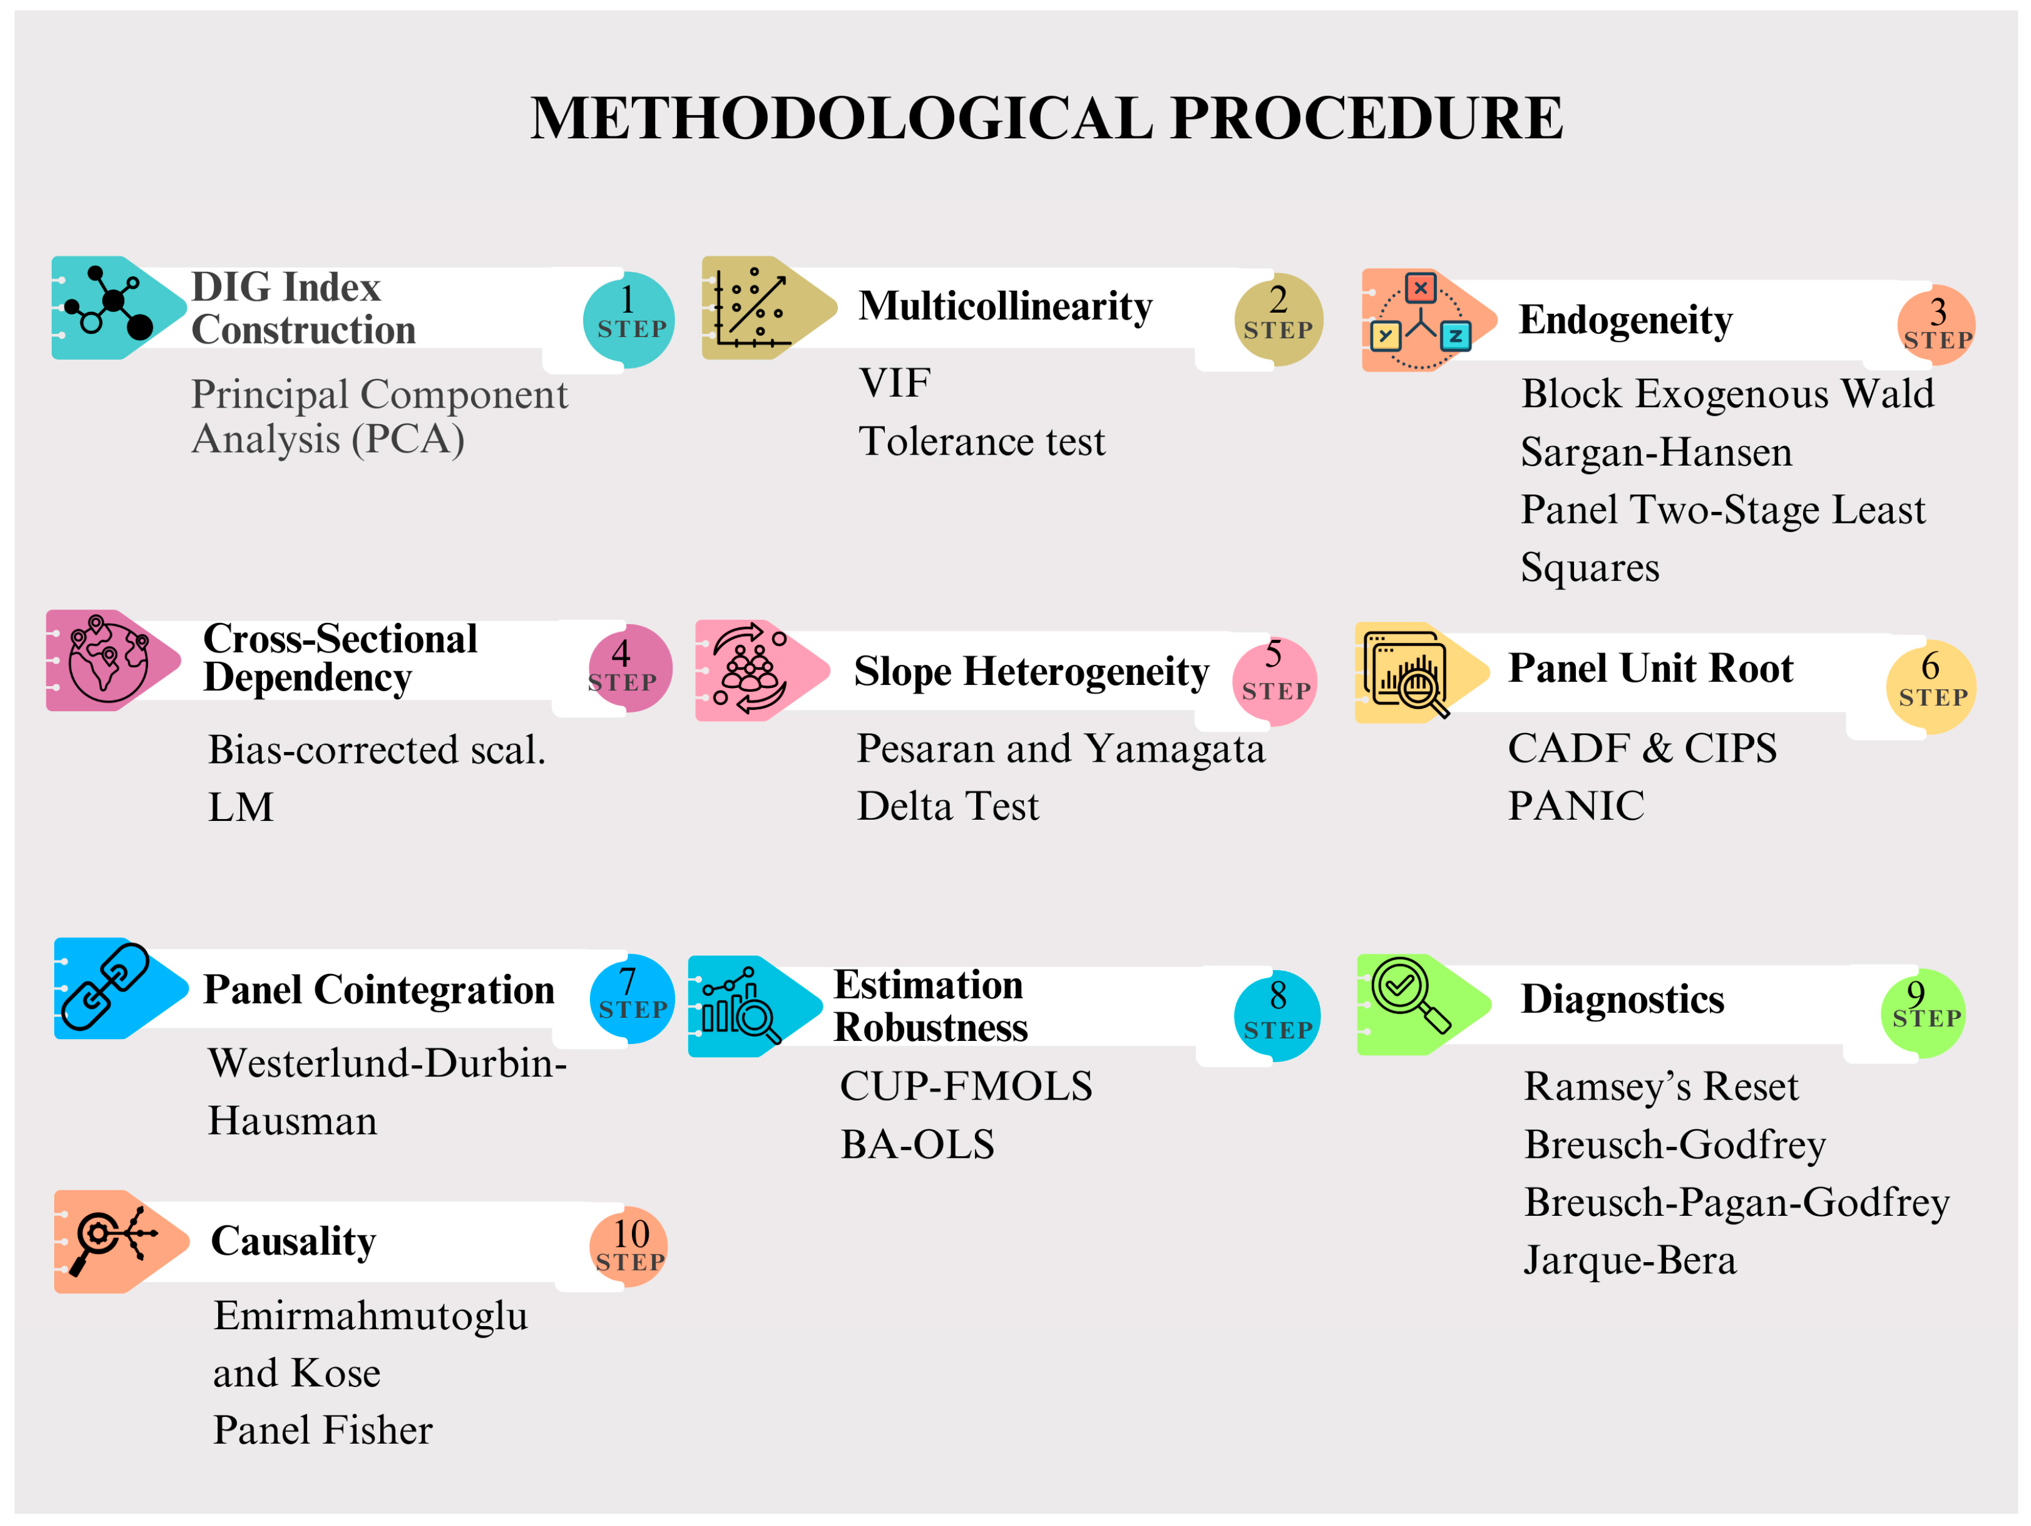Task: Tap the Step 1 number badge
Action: click(629, 319)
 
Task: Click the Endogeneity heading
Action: click(1625, 319)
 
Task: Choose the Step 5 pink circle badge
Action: click(1274, 680)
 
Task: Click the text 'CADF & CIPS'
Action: click(1642, 748)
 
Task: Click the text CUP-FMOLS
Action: click(966, 1086)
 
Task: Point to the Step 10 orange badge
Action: click(629, 1245)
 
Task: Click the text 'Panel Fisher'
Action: click(322, 1430)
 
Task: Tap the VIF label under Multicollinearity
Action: click(895, 383)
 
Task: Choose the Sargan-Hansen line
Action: click(1656, 452)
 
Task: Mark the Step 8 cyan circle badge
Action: click(1277, 1015)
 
